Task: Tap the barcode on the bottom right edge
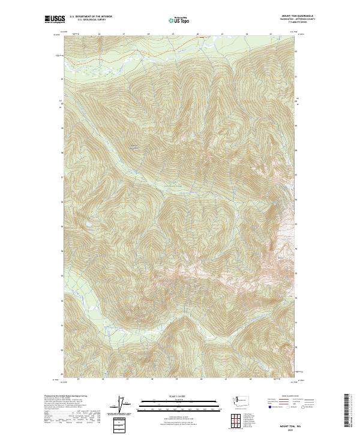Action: pos(347,410)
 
